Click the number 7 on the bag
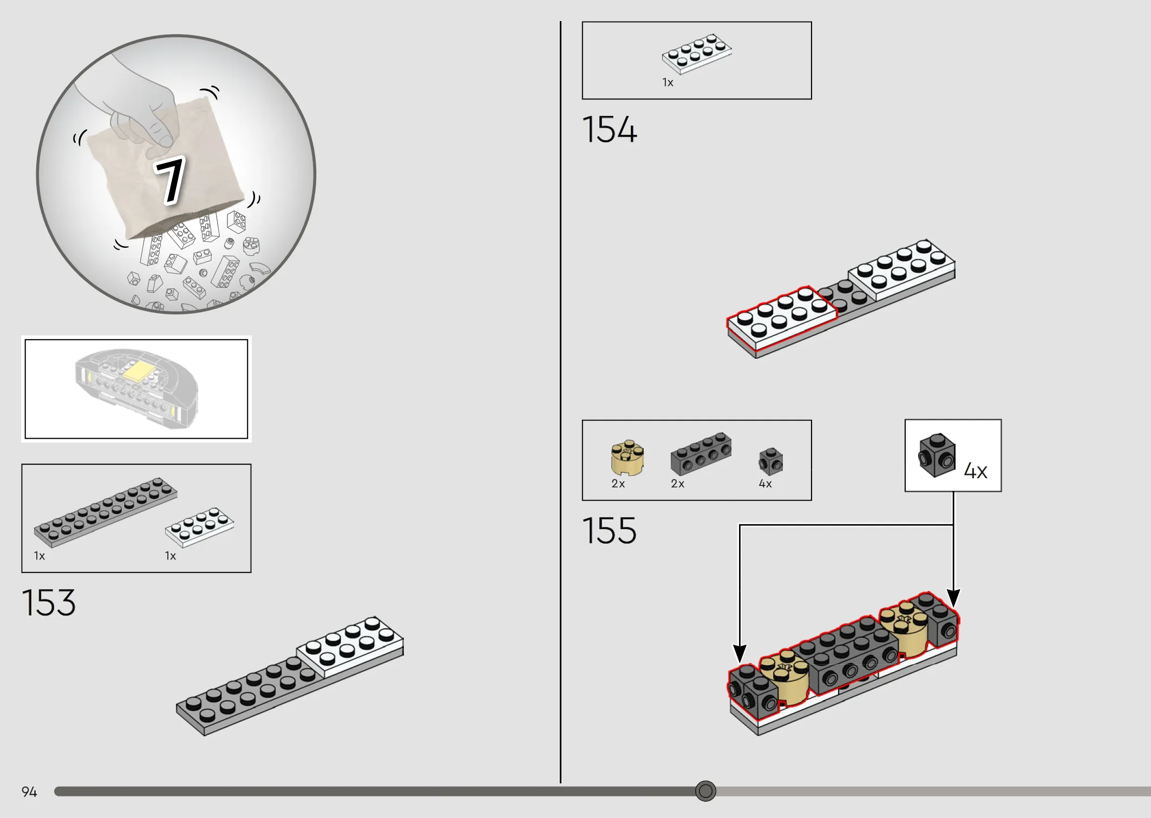pyautogui.click(x=170, y=181)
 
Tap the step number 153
pyautogui.click(x=49, y=603)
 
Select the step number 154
pyautogui.click(x=610, y=130)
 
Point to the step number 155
pyautogui.click(x=610, y=531)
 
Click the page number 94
pyautogui.click(x=29, y=792)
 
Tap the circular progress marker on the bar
pyautogui.click(x=705, y=791)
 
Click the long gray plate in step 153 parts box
pyautogui.click(x=106, y=512)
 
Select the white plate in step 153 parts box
pyautogui.click(x=199, y=527)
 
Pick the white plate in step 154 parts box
pyautogui.click(x=697, y=54)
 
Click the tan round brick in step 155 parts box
pyautogui.click(x=627, y=458)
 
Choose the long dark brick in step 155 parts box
pyautogui.click(x=701, y=453)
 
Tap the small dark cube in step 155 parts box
pyautogui.click(x=771, y=461)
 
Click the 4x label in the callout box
pyautogui.click(x=976, y=471)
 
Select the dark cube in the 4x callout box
pyautogui.click(x=937, y=455)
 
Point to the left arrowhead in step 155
pyautogui.click(x=740, y=653)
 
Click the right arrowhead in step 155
pyautogui.click(x=953, y=598)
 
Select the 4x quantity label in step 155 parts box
pyautogui.click(x=765, y=484)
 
